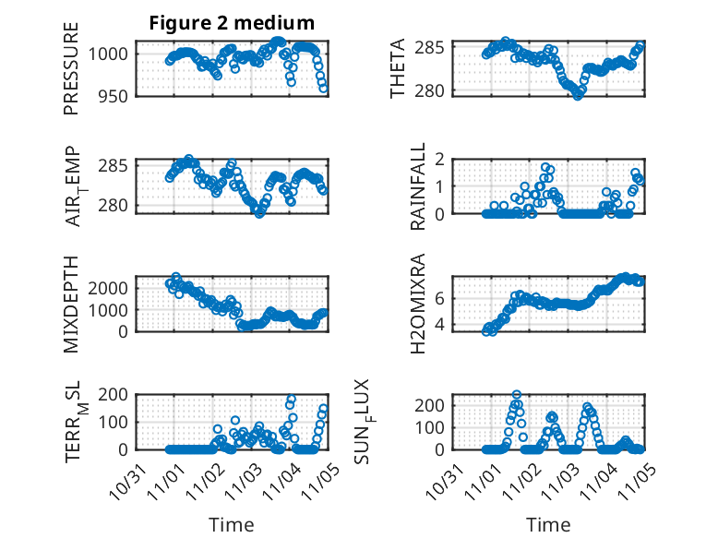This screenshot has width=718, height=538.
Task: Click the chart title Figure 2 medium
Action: click(232, 23)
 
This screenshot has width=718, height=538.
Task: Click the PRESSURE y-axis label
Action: click(71, 68)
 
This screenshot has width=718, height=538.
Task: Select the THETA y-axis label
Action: click(398, 68)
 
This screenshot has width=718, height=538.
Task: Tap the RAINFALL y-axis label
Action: click(418, 186)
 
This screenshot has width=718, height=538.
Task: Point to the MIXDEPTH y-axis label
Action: click(71, 304)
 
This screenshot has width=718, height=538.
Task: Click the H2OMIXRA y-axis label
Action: click(418, 304)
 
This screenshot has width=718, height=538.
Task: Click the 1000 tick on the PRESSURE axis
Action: click(111, 54)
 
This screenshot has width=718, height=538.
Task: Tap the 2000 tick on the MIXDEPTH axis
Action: click(111, 288)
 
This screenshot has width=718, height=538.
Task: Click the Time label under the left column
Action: click(232, 525)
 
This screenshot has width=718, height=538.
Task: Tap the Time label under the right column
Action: click(548, 525)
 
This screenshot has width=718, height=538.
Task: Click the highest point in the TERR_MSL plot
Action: click(292, 401)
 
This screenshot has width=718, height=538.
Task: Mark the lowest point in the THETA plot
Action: click(578, 95)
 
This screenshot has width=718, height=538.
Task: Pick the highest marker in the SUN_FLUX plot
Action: click(517, 394)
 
